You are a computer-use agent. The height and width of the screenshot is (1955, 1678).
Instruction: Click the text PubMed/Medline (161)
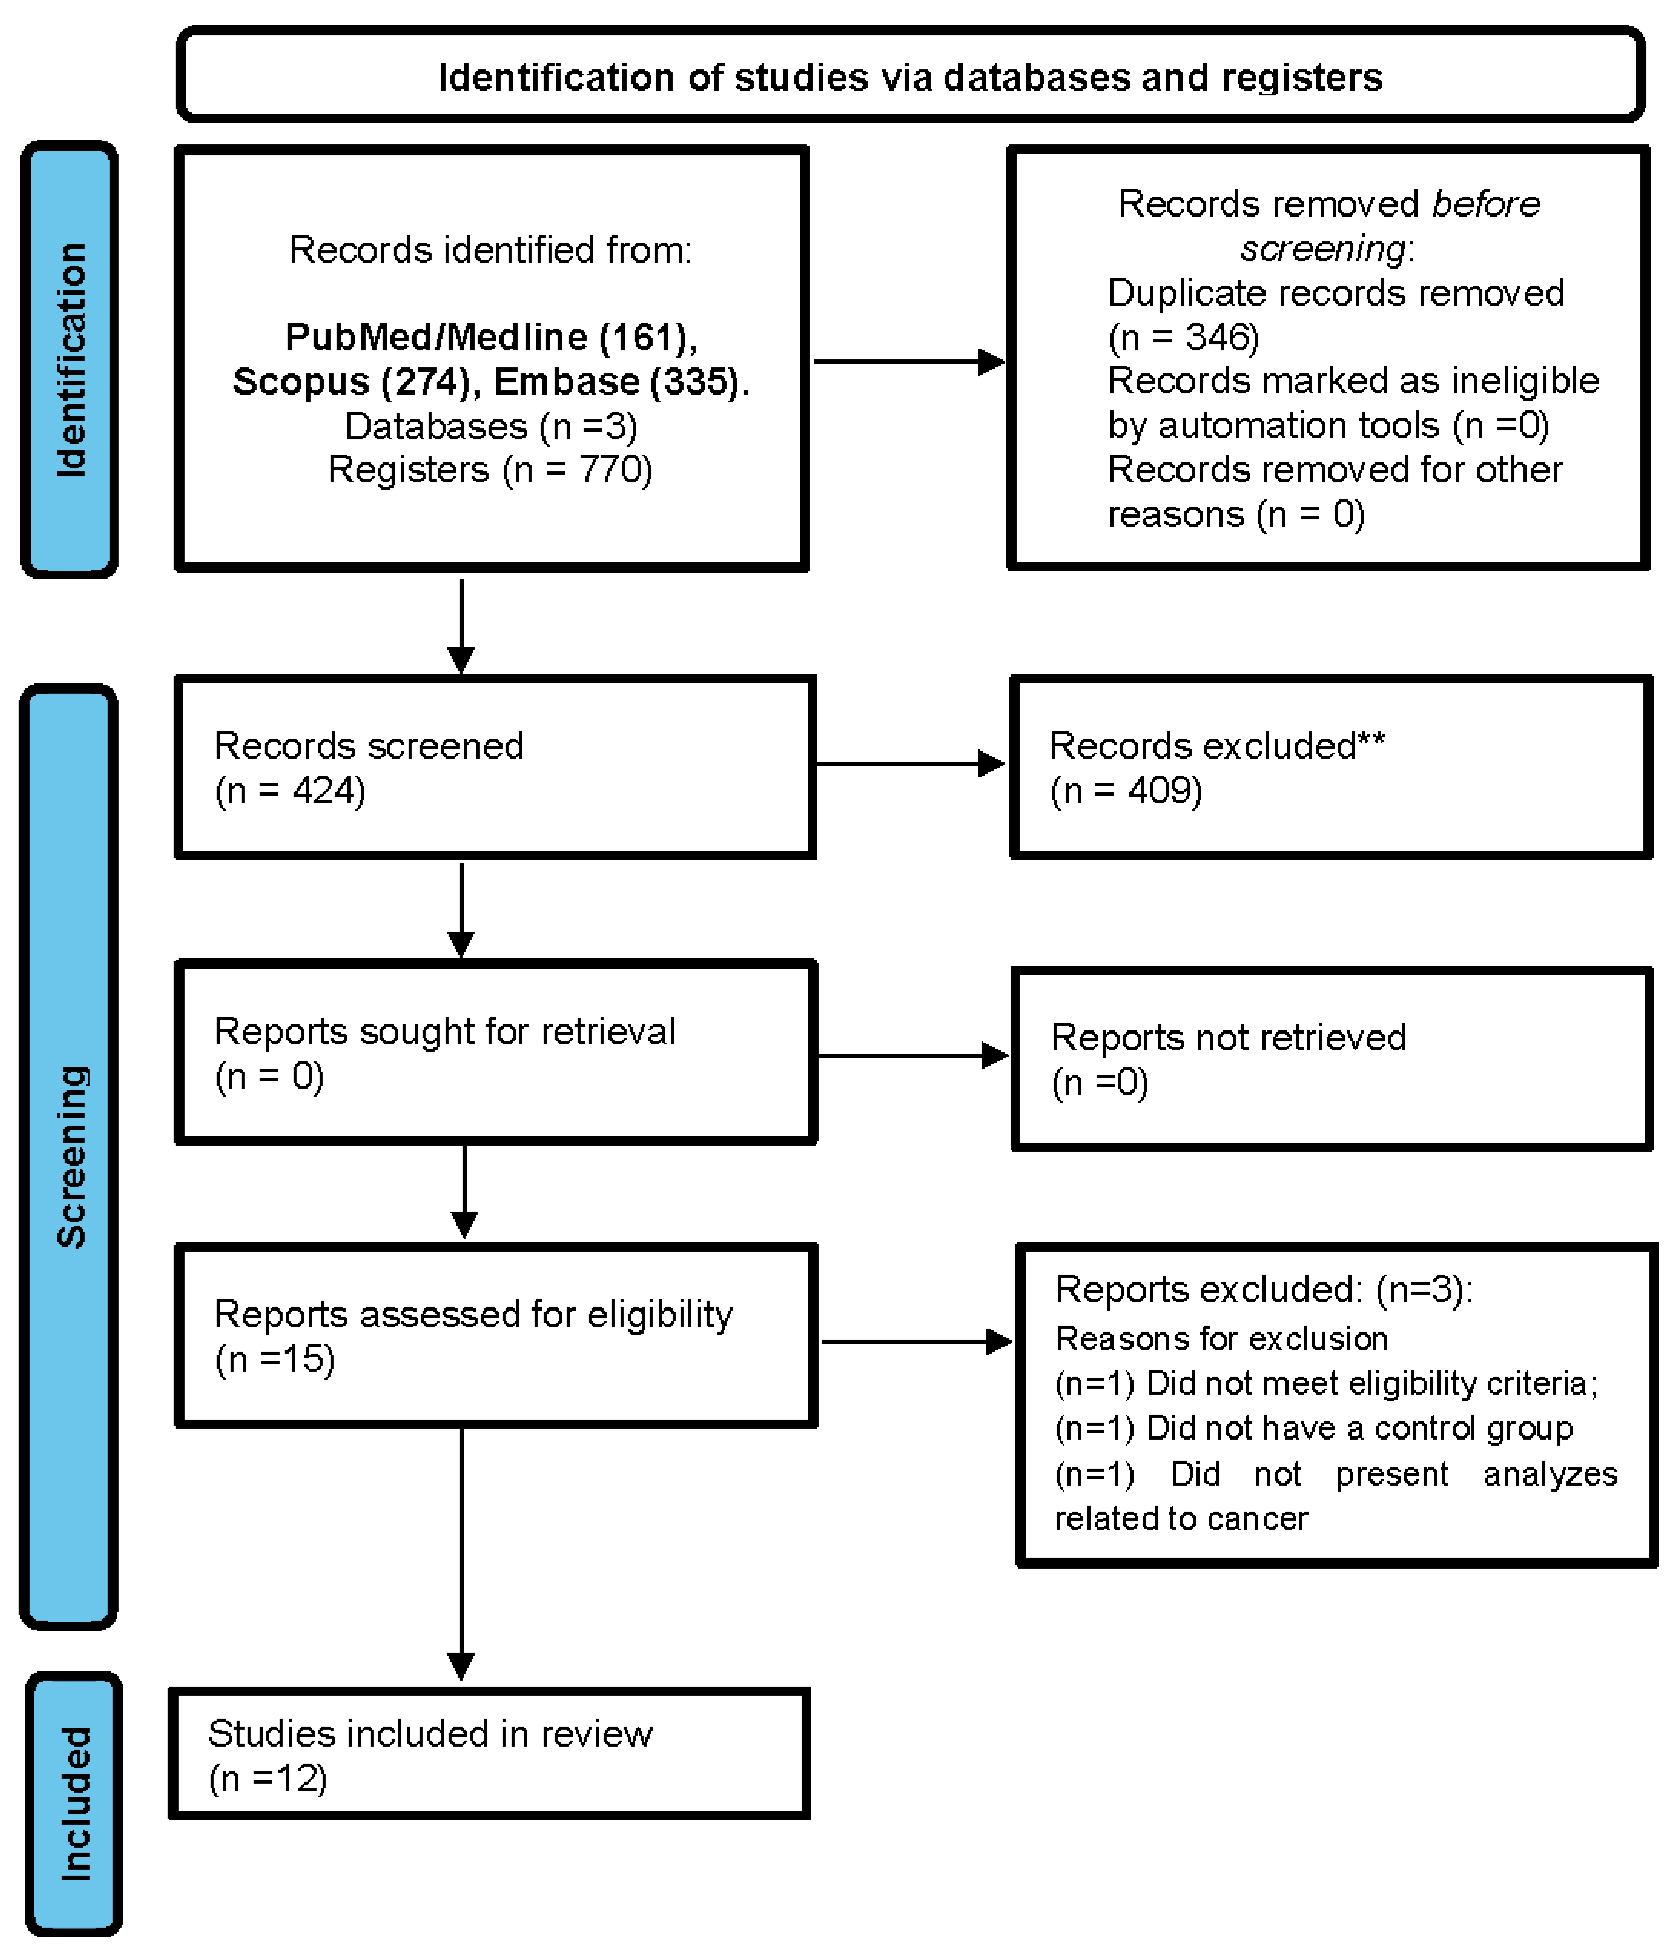tap(490, 337)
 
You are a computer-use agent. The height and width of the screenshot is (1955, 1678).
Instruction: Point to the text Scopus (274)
tap(351, 382)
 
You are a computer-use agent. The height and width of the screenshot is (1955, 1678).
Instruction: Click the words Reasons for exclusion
tap(1222, 1339)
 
